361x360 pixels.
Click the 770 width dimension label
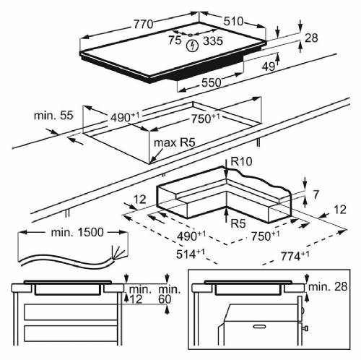[142, 24]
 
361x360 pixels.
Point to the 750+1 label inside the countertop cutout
[205, 118]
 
